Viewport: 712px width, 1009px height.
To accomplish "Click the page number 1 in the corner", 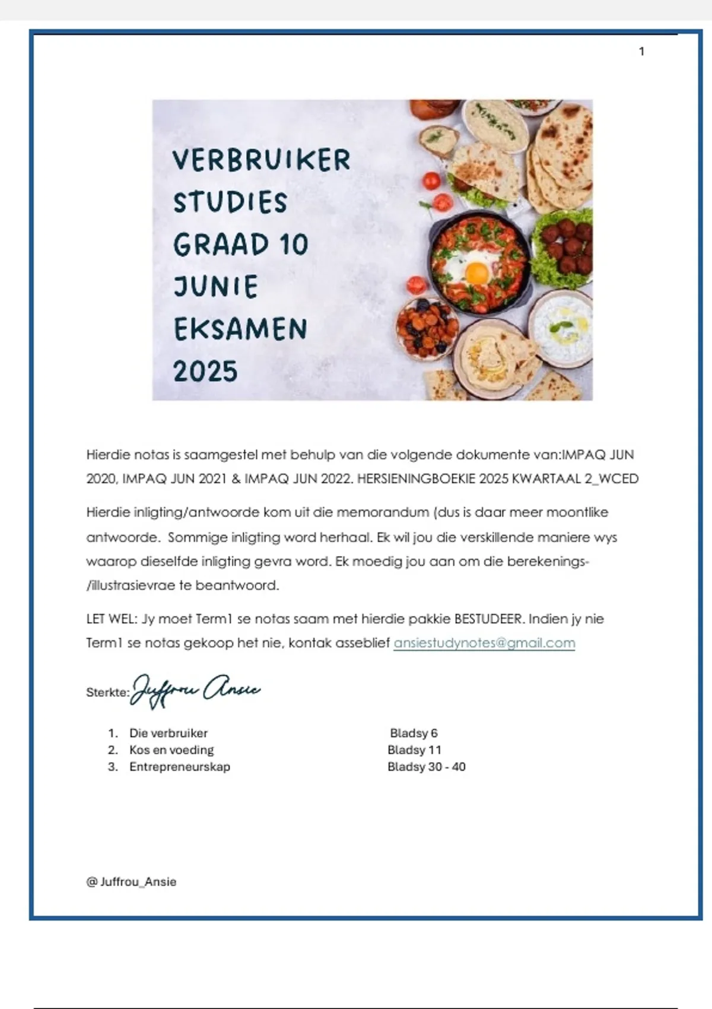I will click(x=641, y=52).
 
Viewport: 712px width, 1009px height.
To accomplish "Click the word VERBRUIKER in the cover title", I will click(x=262, y=160).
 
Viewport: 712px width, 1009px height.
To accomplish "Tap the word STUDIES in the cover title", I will click(x=230, y=202).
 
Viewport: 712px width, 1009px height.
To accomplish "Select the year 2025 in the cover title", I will click(x=205, y=372).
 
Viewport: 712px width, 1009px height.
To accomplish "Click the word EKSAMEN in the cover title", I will click(x=240, y=329).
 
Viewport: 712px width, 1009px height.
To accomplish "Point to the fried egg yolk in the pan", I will click(x=476, y=274).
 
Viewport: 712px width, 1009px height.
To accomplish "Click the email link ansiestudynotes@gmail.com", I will click(x=484, y=643).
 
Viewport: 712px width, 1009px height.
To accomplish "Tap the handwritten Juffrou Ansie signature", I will click(x=196, y=690).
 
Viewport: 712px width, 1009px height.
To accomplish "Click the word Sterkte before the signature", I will click(x=107, y=692).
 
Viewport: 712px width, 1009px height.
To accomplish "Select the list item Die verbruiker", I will click(x=169, y=733).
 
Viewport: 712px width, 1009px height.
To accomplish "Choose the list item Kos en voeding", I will click(x=171, y=750).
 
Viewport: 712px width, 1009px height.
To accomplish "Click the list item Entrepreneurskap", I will click(x=180, y=766).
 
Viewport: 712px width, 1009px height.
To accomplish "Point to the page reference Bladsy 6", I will click(x=414, y=733).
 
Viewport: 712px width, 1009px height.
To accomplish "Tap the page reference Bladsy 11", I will click(x=414, y=750).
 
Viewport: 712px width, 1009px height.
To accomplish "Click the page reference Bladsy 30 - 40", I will click(x=426, y=766).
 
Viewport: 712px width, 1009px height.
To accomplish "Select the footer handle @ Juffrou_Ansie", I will click(x=131, y=881).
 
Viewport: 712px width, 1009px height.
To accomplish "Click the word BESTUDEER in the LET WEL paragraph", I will click(x=489, y=618).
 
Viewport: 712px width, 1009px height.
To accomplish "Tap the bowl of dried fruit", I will click(x=427, y=328).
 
